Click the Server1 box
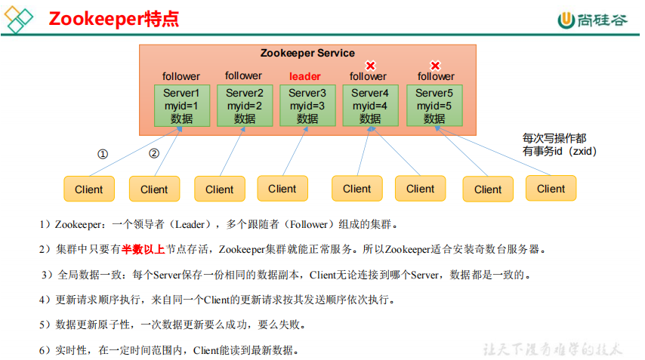click(x=181, y=105)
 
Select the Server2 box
click(x=244, y=105)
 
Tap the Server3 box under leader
click(x=307, y=105)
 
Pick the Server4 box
click(x=369, y=105)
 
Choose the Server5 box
click(x=434, y=105)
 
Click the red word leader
click(x=304, y=76)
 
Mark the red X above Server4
click(x=370, y=66)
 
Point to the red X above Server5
click(x=435, y=66)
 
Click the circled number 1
click(x=103, y=154)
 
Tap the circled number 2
click(x=154, y=153)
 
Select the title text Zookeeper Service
click(x=307, y=53)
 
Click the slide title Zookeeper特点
click(x=114, y=19)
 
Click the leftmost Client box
click(x=88, y=189)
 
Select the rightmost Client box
click(x=551, y=189)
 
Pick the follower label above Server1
click(x=181, y=76)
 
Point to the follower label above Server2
click(x=243, y=75)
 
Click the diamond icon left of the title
click(x=20, y=20)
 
